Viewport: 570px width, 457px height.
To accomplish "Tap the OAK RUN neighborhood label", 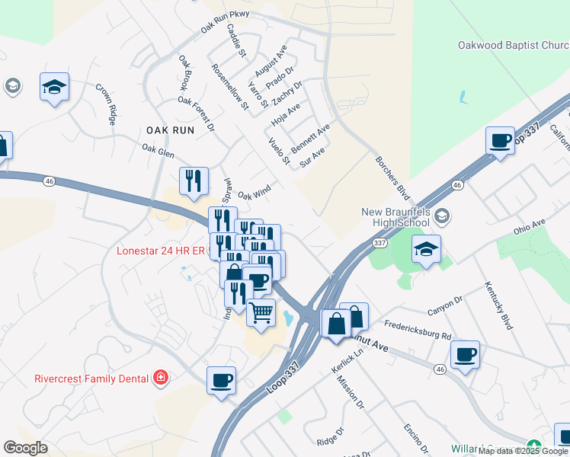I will (169, 130).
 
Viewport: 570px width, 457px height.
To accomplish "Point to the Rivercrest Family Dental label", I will (91, 378).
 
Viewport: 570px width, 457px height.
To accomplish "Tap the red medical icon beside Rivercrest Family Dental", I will (160, 377).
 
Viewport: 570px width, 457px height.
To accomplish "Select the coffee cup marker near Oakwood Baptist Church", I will (500, 142).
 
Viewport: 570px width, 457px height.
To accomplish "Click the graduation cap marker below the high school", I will (427, 249).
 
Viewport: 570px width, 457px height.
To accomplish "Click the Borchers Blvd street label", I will (392, 179).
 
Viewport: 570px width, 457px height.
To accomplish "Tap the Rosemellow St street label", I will (231, 86).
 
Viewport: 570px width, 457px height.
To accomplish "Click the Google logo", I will (26, 448).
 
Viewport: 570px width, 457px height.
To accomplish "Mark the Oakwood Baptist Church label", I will (513, 46).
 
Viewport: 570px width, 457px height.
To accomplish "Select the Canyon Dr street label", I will (445, 305).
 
